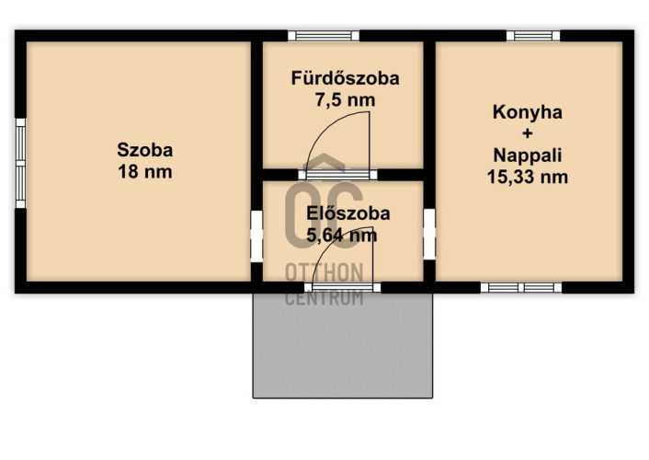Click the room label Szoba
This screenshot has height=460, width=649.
click(x=145, y=150)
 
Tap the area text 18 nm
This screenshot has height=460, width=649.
click(x=145, y=171)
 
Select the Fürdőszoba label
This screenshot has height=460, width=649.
click(x=346, y=78)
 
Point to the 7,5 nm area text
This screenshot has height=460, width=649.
click(x=346, y=100)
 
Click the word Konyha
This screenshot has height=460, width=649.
click(x=528, y=113)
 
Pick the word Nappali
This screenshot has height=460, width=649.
click(x=528, y=155)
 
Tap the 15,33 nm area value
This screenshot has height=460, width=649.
click(x=528, y=177)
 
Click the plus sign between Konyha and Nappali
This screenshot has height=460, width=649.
click(x=528, y=133)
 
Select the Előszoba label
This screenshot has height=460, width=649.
click(x=348, y=213)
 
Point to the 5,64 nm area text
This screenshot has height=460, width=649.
click(x=342, y=235)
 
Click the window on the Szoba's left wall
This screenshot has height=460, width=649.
click(x=20, y=163)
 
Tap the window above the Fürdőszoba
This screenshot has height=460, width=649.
click(x=324, y=36)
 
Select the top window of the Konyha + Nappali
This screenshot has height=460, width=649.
click(x=533, y=36)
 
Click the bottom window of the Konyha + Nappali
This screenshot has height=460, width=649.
click(x=521, y=288)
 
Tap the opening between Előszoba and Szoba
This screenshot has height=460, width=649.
click(x=256, y=236)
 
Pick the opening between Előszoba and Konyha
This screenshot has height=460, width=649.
click(x=429, y=235)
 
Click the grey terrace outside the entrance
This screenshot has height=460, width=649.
click(x=343, y=346)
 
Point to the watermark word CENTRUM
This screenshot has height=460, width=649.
click(x=324, y=298)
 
